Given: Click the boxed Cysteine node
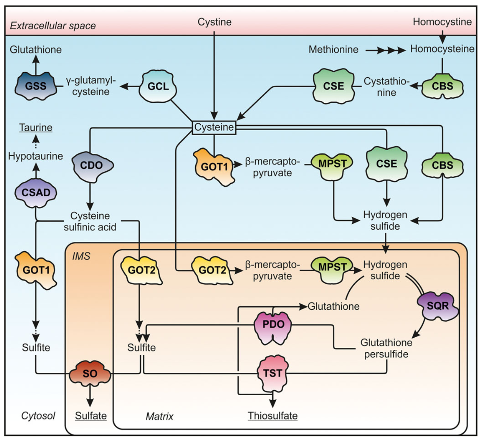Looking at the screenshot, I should tap(214, 127).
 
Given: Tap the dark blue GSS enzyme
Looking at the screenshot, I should tap(36, 86).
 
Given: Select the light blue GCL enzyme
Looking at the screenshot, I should tap(158, 87).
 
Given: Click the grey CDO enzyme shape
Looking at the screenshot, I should tap(92, 166).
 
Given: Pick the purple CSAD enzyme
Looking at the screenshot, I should tap(36, 193).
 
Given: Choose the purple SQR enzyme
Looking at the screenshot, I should tap(438, 306).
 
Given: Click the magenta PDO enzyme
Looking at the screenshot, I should tap(273, 325).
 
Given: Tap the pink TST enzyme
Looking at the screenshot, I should tap(272, 373).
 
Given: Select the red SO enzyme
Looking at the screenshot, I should tap(90, 373).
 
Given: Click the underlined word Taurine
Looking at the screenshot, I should tap(36, 128).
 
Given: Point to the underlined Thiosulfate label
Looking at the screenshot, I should tap(272, 416).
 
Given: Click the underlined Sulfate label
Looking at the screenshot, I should tap(91, 416).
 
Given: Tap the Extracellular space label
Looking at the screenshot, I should tap(53, 26).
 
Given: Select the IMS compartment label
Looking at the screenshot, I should tap(81, 256).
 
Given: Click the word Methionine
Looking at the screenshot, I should tap(333, 49).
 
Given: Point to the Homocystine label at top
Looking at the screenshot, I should tap(442, 22).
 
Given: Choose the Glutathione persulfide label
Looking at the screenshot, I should tap(386, 348).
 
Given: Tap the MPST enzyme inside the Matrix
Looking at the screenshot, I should tap(332, 268).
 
